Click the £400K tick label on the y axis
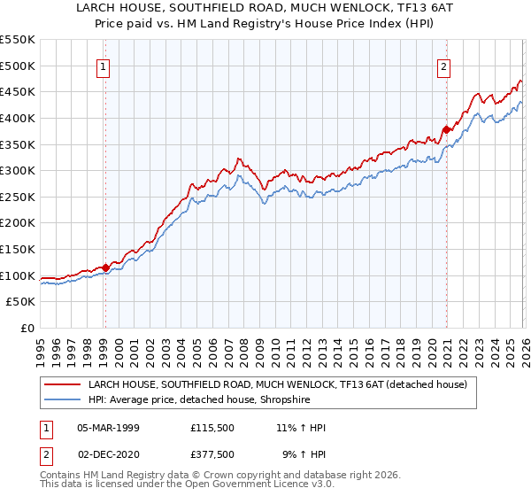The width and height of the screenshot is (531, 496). click(x=18, y=118)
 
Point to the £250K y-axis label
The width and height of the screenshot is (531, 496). click(x=18, y=197)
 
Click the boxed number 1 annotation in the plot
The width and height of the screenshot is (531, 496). click(x=104, y=66)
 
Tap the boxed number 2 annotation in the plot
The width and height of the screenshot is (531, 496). click(x=443, y=66)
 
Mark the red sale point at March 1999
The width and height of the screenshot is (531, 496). click(x=105, y=267)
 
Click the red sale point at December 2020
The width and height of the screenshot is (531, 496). click(x=446, y=130)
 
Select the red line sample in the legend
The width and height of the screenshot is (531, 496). click(x=63, y=385)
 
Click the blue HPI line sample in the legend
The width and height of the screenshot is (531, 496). click(x=63, y=399)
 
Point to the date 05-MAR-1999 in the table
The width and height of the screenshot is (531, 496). click(x=108, y=428)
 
